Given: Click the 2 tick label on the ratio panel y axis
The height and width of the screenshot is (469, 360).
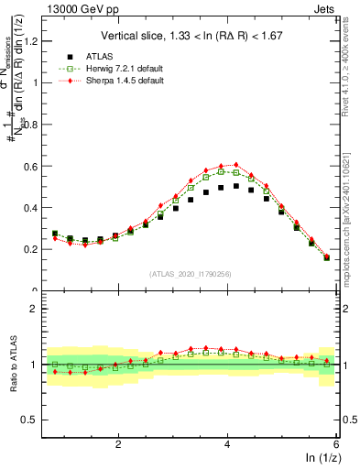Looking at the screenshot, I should pyautogui.click(x=37, y=309).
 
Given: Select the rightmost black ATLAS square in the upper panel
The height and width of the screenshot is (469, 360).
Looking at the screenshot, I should pyautogui.click(x=327, y=257).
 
